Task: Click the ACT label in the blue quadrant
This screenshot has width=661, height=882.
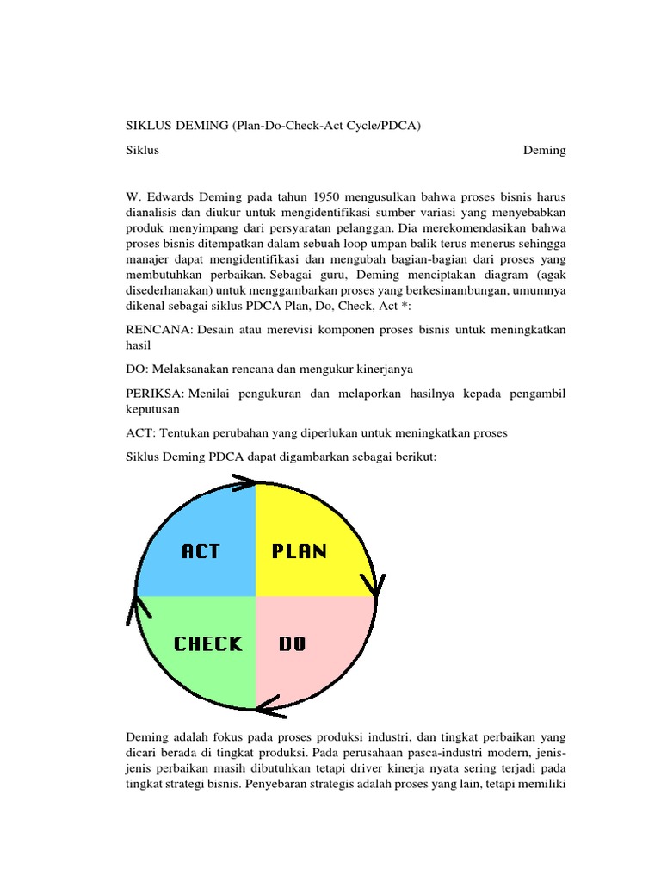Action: (201, 551)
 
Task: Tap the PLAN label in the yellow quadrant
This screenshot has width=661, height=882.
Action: (300, 551)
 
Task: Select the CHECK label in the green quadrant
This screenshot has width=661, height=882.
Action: (208, 643)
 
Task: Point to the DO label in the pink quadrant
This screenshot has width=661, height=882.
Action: (293, 643)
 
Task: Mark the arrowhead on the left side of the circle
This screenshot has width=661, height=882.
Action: (138, 608)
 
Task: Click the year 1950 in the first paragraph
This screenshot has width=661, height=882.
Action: (329, 196)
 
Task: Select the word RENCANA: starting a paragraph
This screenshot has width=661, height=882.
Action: (158, 331)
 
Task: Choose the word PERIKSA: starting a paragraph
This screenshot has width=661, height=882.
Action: (155, 393)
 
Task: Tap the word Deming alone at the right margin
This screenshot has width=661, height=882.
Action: (544, 150)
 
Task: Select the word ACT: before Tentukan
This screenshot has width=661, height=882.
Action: (140, 433)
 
